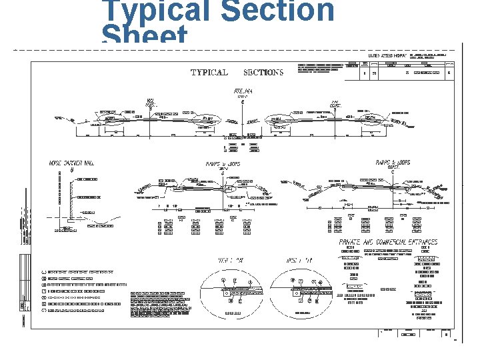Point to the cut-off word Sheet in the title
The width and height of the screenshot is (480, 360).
(144, 36)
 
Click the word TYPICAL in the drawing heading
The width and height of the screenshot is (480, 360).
(209, 73)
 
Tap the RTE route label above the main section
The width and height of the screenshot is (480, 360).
(243, 91)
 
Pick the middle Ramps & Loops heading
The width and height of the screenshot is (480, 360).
(223, 163)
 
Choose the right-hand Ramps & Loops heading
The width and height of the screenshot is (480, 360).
(393, 163)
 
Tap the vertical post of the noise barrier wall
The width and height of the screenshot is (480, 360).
(71, 197)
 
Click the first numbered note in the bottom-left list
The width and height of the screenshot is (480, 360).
(77, 272)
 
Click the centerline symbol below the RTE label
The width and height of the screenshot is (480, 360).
(243, 102)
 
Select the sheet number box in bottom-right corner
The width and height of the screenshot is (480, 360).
(446, 335)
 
